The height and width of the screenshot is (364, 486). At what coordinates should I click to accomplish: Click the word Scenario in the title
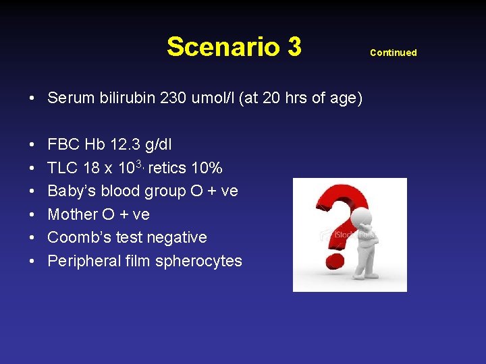[223, 47]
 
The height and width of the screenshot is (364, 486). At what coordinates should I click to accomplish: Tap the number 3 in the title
[294, 47]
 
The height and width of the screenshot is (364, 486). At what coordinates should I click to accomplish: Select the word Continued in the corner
[393, 53]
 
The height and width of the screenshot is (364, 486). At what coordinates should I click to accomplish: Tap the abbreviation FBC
[63, 144]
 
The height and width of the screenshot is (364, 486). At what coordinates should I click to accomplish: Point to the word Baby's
[70, 191]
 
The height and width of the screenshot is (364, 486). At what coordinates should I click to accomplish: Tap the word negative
[178, 237]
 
